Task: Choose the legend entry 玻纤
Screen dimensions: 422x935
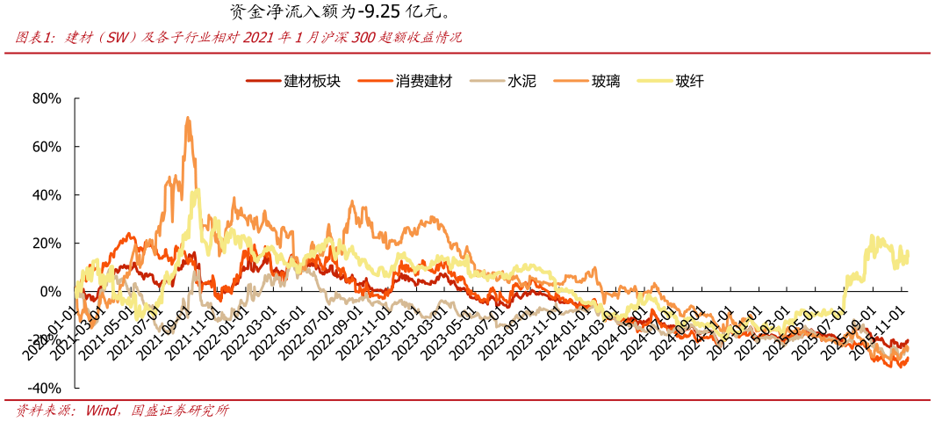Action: coord(689,81)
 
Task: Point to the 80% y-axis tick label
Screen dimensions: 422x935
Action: coord(46,98)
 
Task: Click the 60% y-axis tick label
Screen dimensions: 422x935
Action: coord(46,147)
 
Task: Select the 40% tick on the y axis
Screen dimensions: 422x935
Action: coord(46,195)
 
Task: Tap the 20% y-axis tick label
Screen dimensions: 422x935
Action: coord(46,244)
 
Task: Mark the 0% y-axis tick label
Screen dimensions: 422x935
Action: coord(49,292)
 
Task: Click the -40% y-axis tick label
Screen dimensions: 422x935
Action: coord(44,389)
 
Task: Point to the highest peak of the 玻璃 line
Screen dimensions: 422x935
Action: coord(187,118)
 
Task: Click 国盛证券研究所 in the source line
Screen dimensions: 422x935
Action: coord(180,411)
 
